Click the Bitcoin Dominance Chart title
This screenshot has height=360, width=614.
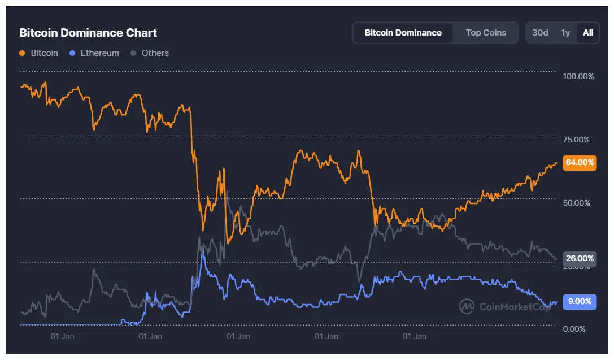click(x=88, y=32)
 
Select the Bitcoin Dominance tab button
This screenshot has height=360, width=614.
click(x=403, y=33)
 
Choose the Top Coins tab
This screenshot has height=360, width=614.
click(x=486, y=33)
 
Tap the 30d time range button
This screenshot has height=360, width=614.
click(x=540, y=33)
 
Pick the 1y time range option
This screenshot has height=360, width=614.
click(x=565, y=33)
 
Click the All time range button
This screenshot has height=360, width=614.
click(x=588, y=33)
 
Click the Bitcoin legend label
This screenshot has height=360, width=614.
click(x=44, y=53)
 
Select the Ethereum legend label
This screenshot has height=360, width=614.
click(x=99, y=53)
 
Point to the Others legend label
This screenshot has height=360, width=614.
click(x=155, y=53)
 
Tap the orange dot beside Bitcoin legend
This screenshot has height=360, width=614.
click(x=22, y=53)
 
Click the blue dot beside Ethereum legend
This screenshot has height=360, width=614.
click(x=72, y=53)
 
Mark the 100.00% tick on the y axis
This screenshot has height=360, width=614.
click(x=578, y=76)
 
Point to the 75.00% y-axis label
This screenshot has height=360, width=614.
click(x=578, y=140)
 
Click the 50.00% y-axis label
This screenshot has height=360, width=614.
click(x=578, y=203)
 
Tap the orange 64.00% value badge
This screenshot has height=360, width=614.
click(x=580, y=162)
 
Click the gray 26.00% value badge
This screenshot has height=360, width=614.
click(x=580, y=258)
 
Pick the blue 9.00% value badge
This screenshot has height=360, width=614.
click(x=580, y=301)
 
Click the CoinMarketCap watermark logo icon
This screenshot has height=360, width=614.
click(x=467, y=306)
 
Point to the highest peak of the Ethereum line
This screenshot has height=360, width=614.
click(x=203, y=252)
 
